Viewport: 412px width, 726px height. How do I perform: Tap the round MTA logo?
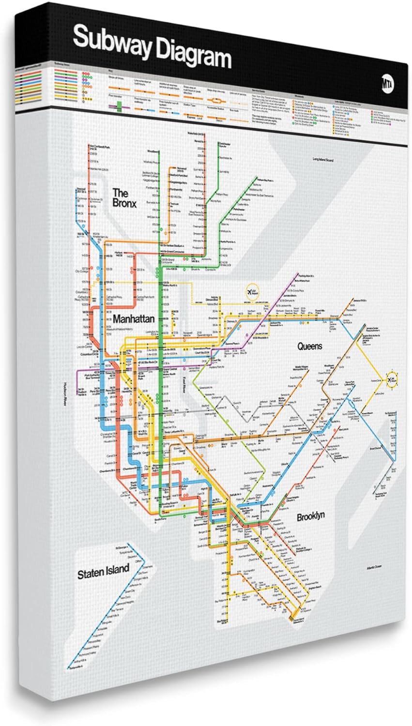point(387,82)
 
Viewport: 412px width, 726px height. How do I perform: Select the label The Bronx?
point(124,197)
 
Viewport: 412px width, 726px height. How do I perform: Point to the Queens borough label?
point(309,346)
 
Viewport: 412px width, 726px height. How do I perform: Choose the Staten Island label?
point(103,572)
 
